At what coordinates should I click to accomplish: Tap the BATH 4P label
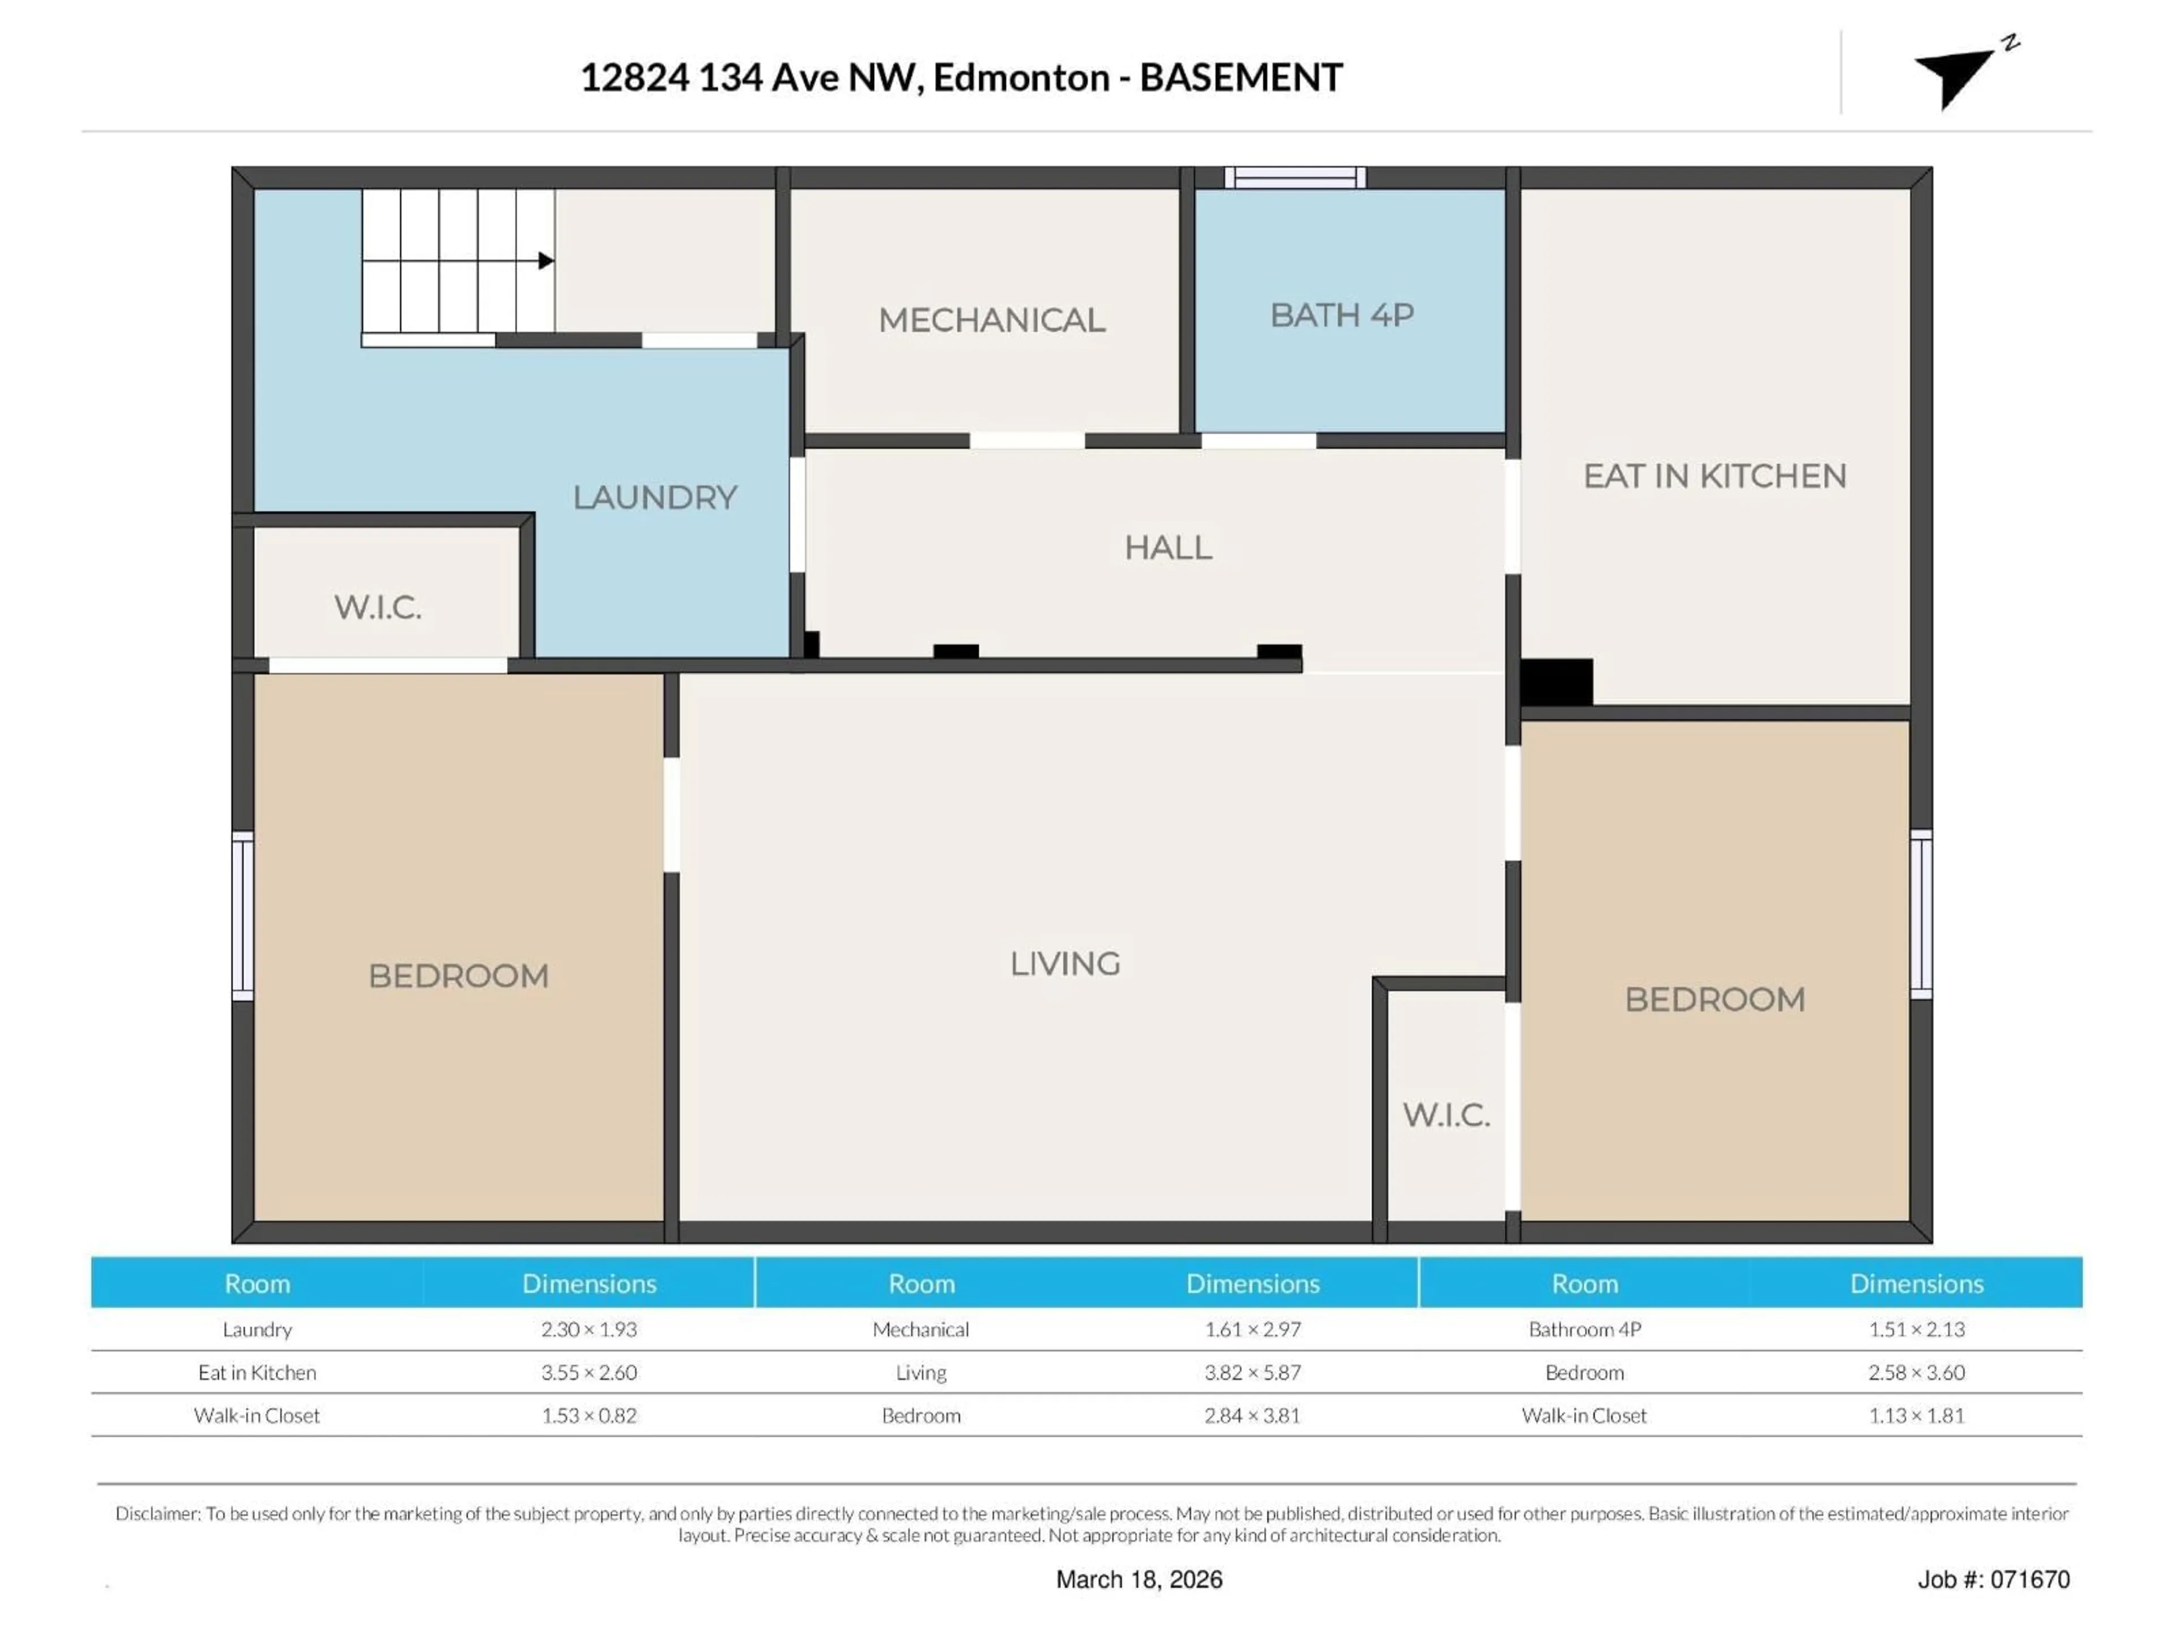click(x=1341, y=315)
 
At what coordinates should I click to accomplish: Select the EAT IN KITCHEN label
click(x=1714, y=476)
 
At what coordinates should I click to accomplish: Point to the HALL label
click(x=1167, y=548)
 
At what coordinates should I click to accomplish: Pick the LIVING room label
click(x=1065, y=963)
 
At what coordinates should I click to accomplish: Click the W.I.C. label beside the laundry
click(x=378, y=608)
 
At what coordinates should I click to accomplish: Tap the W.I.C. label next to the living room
click(x=1445, y=1115)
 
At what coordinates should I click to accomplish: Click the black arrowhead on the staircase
click(x=545, y=261)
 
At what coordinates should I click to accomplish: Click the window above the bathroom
click(x=1294, y=178)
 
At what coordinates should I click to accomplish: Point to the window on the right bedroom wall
click(x=1920, y=914)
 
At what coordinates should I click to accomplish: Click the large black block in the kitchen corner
click(x=1556, y=681)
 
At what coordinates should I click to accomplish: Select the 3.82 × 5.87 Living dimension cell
click(x=1252, y=1372)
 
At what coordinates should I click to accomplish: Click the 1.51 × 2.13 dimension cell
click(x=1916, y=1329)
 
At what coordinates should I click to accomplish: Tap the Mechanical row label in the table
click(x=920, y=1329)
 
